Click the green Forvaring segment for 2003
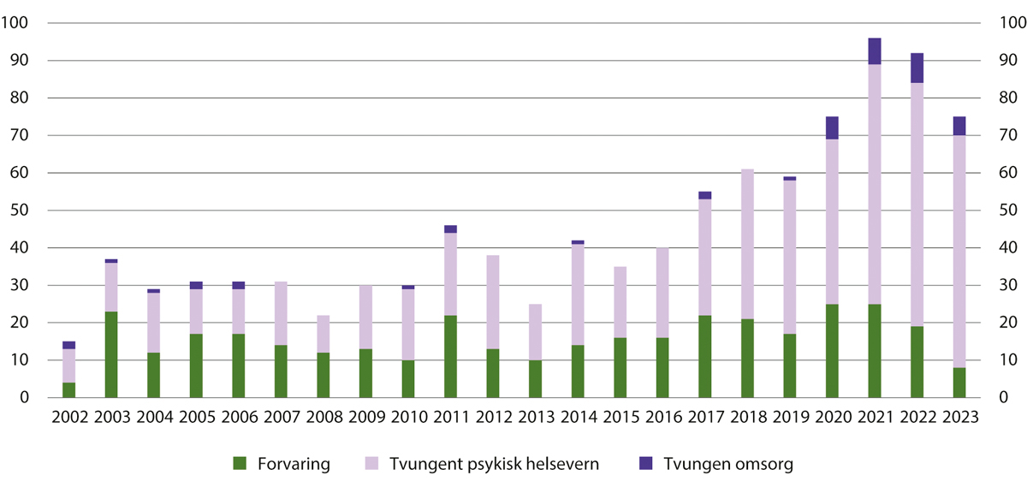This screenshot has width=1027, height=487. [x=111, y=354]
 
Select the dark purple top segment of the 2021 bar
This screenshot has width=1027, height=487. [x=875, y=51]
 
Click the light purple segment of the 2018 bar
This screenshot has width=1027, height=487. [x=747, y=244]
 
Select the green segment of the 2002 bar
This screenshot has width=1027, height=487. [x=68, y=390]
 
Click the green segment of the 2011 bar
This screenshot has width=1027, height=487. [x=450, y=356]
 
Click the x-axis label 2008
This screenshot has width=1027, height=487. [x=323, y=419]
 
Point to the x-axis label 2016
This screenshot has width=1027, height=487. [x=662, y=419]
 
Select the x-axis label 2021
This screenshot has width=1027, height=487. [x=875, y=419]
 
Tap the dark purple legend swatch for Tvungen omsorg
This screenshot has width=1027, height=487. [x=645, y=464]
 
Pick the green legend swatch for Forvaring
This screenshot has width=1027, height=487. [x=240, y=464]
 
